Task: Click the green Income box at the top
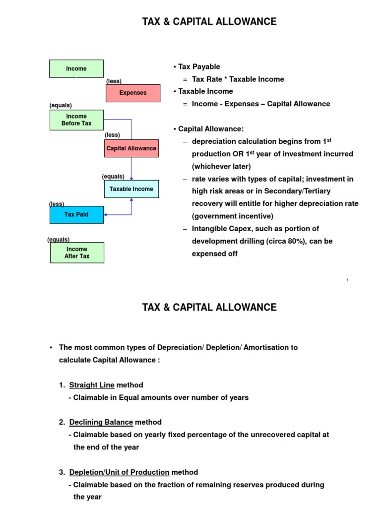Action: tap(76, 68)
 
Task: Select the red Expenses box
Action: tap(133, 93)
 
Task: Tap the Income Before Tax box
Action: tap(76, 120)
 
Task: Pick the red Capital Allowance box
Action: tap(131, 148)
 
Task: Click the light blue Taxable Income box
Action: tap(131, 189)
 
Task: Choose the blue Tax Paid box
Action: tap(76, 215)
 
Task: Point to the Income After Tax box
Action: tap(76, 253)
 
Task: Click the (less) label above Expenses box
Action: tap(114, 81)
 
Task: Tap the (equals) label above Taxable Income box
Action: tap(113, 177)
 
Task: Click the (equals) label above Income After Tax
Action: tap(59, 240)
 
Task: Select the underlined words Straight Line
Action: tap(92, 385)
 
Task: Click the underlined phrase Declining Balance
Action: tap(101, 422)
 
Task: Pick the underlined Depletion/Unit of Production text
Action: tap(119, 472)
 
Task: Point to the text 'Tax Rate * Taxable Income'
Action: tap(238, 79)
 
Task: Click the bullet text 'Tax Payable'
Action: tap(199, 66)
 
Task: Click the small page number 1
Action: tap(347, 280)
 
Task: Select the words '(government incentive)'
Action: tap(226, 216)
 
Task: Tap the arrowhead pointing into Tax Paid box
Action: tap(106, 215)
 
